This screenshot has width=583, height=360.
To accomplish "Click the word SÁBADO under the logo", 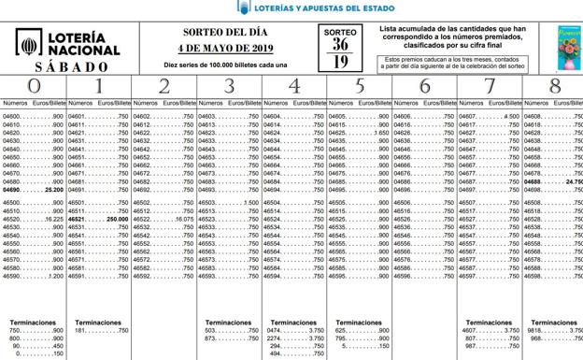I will click(67, 67).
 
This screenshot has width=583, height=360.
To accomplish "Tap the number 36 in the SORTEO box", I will click(341, 44).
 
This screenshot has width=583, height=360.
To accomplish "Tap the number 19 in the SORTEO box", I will click(341, 62).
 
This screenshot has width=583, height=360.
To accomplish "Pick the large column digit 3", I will click(229, 86).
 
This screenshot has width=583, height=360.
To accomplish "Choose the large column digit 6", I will click(425, 86).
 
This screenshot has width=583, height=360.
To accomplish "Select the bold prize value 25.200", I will click(52, 189).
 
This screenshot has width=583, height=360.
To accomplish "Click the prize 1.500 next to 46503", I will click(249, 203).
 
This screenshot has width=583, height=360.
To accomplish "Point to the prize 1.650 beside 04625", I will click(379, 134).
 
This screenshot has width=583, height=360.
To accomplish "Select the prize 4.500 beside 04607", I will click(510, 117).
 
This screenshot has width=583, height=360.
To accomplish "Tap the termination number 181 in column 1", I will click(82, 330).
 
